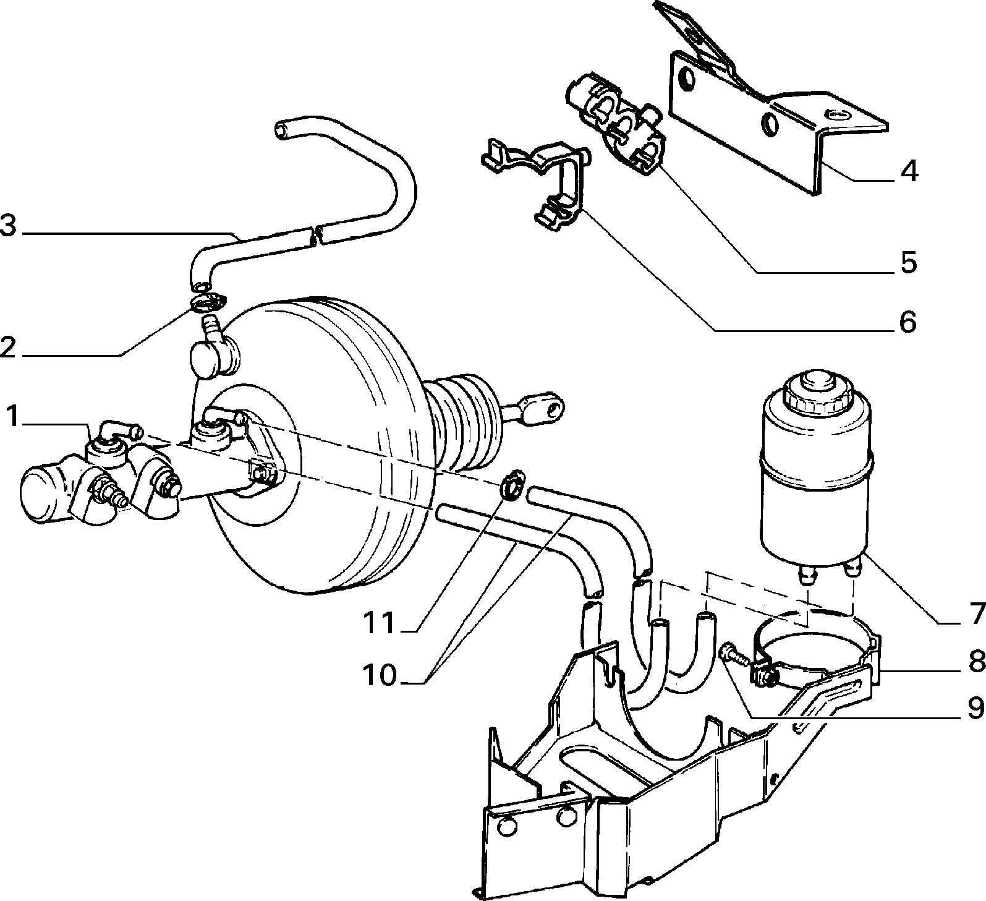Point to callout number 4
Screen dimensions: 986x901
[x=908, y=171]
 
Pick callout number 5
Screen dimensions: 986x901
[x=907, y=263]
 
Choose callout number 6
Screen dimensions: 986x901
[x=907, y=322]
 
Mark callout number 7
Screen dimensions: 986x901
[x=976, y=614]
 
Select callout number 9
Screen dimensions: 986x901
[x=976, y=709]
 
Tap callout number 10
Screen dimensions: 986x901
[x=379, y=676]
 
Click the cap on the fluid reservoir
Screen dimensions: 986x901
[x=810, y=393]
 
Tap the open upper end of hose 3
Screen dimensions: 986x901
[x=283, y=130]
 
